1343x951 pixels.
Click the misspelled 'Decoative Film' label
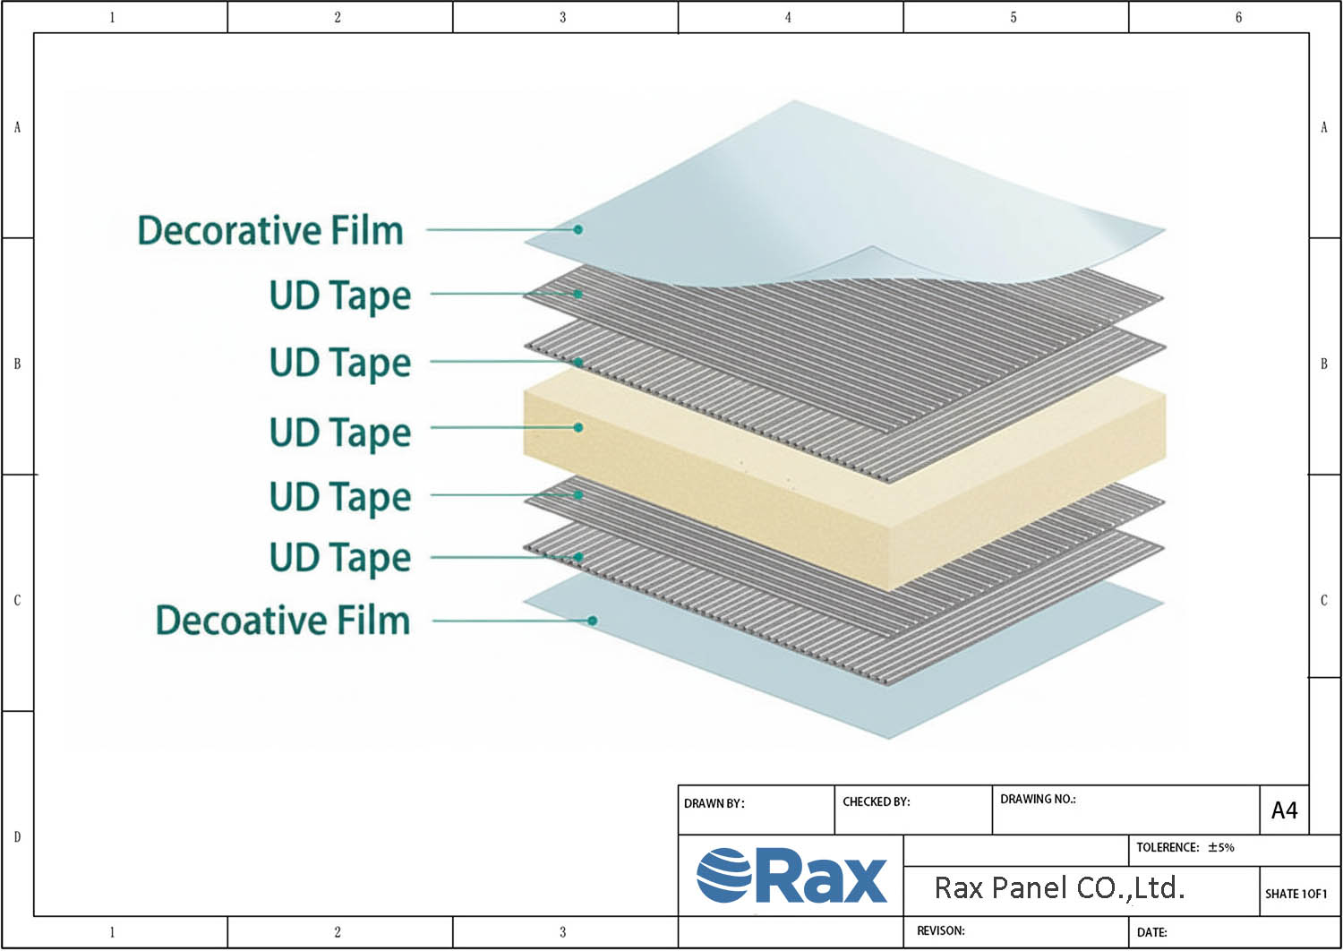pos(283,621)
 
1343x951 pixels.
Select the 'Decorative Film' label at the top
pos(270,230)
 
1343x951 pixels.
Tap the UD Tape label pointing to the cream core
pos(340,433)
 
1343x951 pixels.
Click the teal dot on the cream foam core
pos(578,427)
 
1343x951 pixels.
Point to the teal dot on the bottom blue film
pos(592,620)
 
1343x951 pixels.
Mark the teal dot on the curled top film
pos(578,229)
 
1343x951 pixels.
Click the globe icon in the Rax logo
pos(723,875)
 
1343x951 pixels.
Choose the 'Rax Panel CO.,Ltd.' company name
pos(1059,888)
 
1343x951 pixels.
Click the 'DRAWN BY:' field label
pos(714,803)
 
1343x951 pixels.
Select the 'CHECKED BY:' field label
pos(876,801)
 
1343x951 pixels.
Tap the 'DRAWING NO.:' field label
pos(1038,799)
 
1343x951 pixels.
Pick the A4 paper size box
pos(1284,810)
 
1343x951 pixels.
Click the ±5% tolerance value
pos(1220,847)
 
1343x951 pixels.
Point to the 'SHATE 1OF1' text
pos(1296,894)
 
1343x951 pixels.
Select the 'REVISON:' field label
pos(940,930)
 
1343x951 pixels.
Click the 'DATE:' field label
pos(1151,932)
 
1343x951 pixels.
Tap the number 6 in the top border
pos(1238,17)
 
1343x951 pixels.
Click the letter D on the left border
pos(17,836)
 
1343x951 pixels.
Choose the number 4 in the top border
pos(788,17)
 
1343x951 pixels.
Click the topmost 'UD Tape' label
pos(340,296)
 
